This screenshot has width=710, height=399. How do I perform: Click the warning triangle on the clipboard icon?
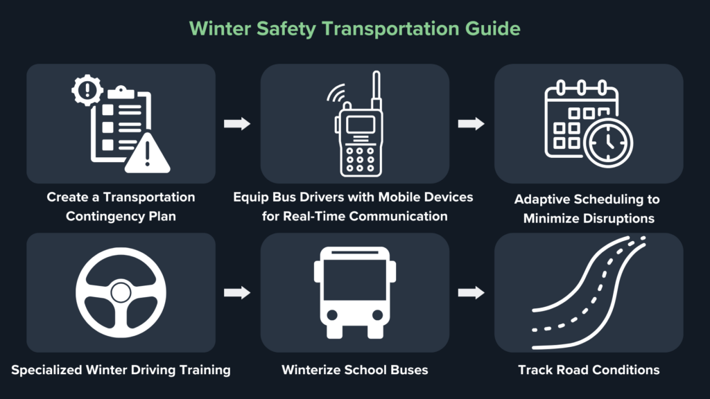(x=147, y=154)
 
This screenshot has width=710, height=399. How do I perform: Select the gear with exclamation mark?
(x=87, y=90)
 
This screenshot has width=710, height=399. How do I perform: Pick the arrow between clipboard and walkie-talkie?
(x=236, y=124)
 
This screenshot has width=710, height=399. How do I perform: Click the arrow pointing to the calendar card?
(x=471, y=124)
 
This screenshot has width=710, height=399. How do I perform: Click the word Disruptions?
(x=617, y=218)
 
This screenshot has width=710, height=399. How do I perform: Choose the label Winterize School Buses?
(x=354, y=370)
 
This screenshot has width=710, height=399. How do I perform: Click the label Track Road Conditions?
(x=589, y=370)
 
